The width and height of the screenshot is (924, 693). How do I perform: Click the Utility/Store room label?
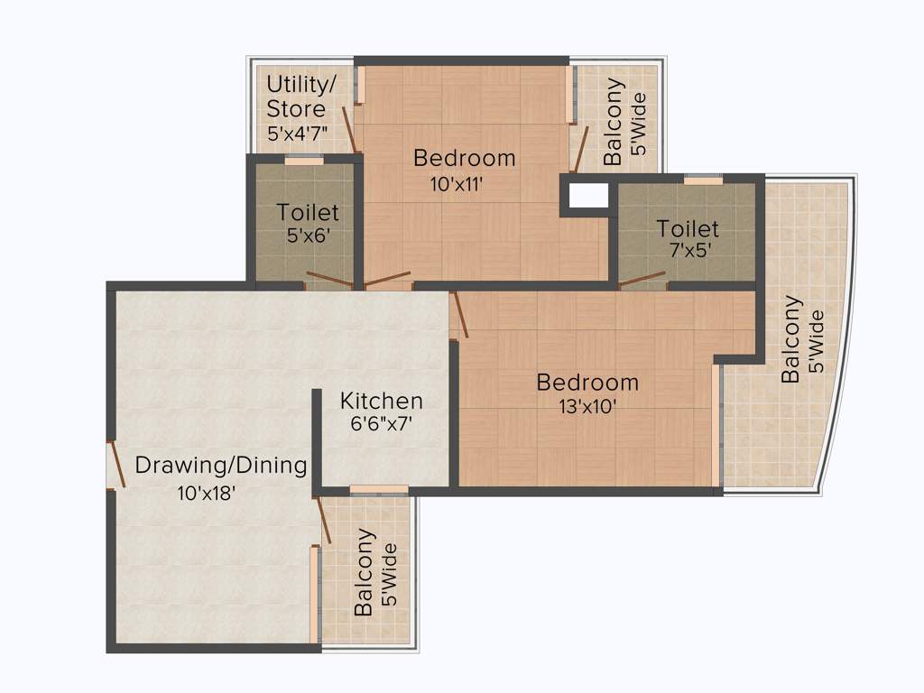click(300, 97)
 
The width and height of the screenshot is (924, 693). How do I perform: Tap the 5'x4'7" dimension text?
click(297, 133)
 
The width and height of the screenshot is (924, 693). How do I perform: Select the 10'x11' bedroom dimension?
click(457, 185)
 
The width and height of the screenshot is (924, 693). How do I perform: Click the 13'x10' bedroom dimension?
click(587, 406)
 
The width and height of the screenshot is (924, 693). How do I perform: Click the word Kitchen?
click(381, 401)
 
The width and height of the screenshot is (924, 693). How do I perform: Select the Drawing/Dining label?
click(221, 466)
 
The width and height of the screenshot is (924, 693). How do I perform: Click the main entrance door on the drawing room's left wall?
click(115, 466)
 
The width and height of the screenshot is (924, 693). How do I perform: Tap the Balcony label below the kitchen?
click(365, 572)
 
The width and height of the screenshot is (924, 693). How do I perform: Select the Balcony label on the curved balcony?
click(791, 339)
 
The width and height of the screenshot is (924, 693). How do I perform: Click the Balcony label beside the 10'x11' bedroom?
click(613, 122)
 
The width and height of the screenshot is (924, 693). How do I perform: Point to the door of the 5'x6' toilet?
click(329, 280)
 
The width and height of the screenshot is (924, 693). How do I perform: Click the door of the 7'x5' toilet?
click(642, 280)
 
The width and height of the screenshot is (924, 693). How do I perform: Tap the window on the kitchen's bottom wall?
click(378, 490)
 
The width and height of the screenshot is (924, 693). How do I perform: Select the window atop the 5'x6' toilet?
click(304, 161)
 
